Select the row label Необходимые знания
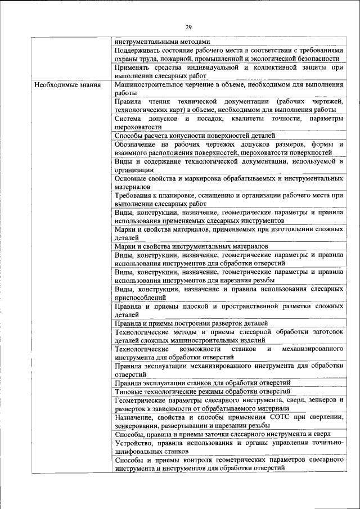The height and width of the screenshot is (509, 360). click(x=67, y=85)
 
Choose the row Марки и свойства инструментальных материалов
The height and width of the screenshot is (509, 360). click(x=191, y=246)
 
